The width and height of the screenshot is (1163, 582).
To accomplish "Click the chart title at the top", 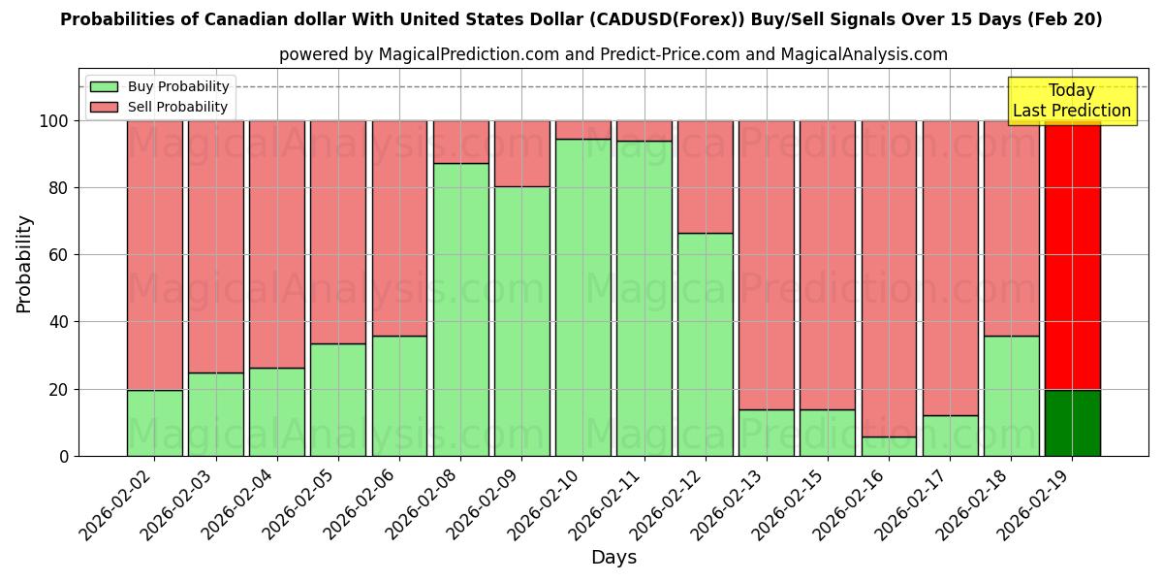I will click(581, 19).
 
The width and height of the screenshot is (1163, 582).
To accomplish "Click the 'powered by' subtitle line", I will click(613, 54).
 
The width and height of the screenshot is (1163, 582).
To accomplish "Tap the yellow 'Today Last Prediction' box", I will click(1071, 101).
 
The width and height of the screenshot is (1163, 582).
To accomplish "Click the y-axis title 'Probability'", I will click(24, 264).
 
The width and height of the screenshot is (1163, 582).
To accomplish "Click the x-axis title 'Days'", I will click(613, 558).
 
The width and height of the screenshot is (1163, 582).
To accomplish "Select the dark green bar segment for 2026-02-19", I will click(1072, 423).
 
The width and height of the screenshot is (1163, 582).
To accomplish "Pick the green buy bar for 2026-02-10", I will click(583, 297).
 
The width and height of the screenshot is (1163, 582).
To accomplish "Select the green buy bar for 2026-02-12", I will click(706, 344).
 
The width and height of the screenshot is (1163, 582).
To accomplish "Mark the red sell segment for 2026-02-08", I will click(460, 142).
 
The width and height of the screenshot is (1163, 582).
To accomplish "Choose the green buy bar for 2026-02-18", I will click(1011, 396).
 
